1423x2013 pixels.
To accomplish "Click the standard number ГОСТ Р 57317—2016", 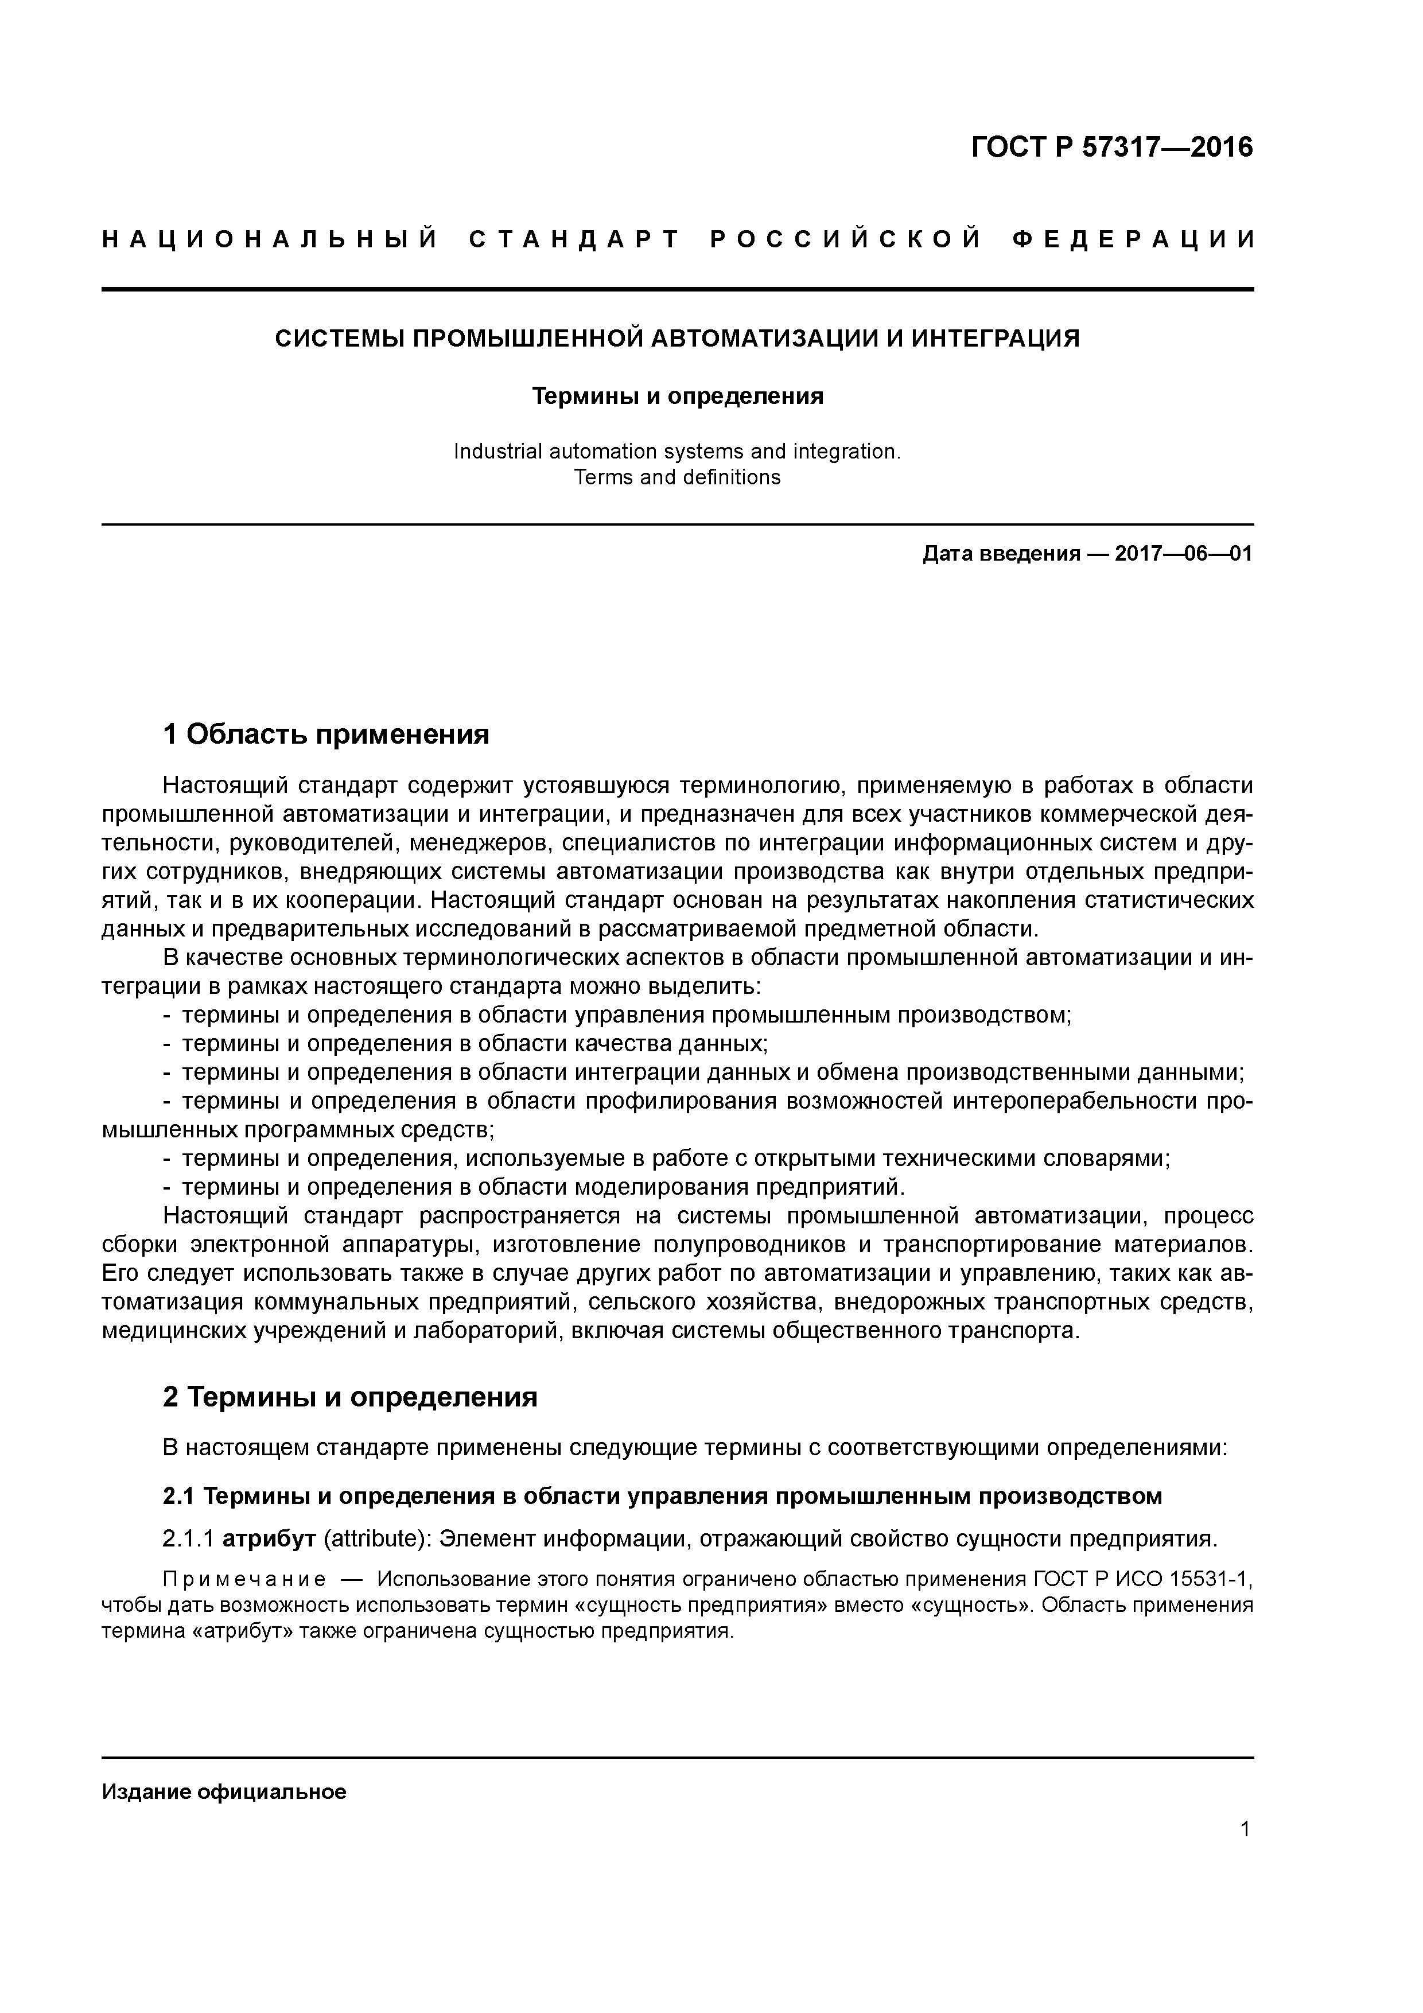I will (1112, 147).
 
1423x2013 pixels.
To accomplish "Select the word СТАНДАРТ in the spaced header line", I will (575, 239).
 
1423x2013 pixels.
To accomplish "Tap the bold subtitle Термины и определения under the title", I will (678, 397).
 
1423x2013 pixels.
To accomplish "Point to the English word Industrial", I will (497, 452).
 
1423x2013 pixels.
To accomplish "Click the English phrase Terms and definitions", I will (677, 478).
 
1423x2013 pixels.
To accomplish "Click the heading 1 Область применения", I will (325, 734).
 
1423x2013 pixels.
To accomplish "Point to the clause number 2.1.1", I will (189, 1538).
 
